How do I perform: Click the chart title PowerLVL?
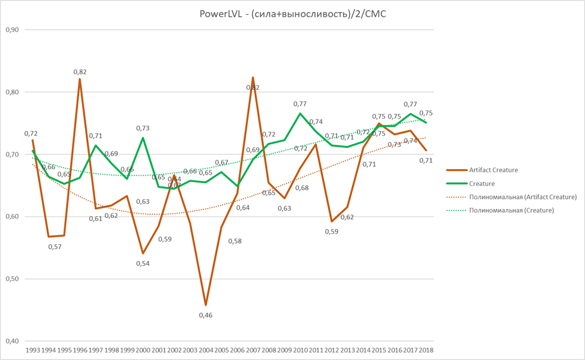[292, 13]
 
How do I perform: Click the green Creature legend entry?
[482, 184]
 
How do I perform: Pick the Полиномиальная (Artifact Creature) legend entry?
[523, 197]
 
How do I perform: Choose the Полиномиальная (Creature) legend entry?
[511, 210]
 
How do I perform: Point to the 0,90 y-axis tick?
[12, 30]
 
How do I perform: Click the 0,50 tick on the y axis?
[12, 279]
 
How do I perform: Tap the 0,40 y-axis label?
[12, 342]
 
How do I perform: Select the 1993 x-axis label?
[33, 350]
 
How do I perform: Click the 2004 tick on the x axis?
[205, 350]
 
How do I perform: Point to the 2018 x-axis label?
[426, 350]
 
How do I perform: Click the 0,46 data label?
[206, 315]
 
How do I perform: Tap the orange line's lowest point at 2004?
[205, 305]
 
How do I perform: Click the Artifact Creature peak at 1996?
[80, 79]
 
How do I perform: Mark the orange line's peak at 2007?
[253, 77]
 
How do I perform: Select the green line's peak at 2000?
[143, 138]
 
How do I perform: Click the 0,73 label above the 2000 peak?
[143, 128]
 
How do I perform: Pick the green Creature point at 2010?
[300, 113]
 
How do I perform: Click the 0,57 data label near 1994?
[55, 246]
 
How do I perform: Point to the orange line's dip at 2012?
[332, 222]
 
